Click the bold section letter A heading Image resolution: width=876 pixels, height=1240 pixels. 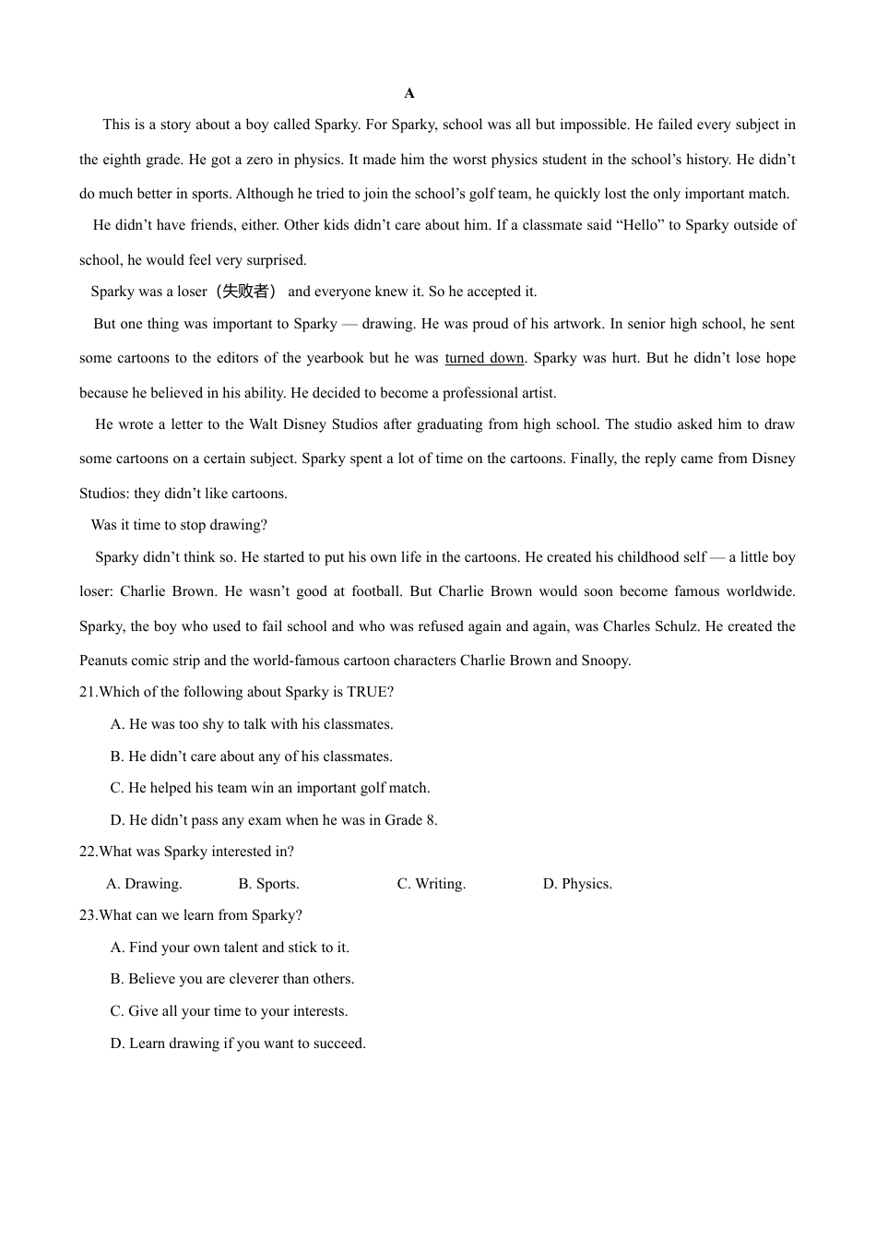[x=409, y=93]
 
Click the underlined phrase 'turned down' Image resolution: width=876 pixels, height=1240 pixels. [x=484, y=358]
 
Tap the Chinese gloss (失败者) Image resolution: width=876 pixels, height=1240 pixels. [x=246, y=292]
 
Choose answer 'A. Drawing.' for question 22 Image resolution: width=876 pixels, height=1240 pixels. [x=145, y=884]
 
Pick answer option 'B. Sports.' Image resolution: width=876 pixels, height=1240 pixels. [x=268, y=884]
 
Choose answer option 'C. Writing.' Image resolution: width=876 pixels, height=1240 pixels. [x=432, y=884]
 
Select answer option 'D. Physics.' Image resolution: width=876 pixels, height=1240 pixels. [x=577, y=884]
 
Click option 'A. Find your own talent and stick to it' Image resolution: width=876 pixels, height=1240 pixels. [x=230, y=948]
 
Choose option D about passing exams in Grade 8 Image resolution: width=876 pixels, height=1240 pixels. [x=274, y=820]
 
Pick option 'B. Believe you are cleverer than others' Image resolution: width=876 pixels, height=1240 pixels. [x=232, y=979]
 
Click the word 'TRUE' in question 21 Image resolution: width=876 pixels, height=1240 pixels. [x=369, y=692]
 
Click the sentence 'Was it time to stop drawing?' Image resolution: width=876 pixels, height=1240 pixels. [x=179, y=525]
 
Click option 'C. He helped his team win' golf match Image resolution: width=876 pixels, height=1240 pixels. [x=270, y=788]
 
